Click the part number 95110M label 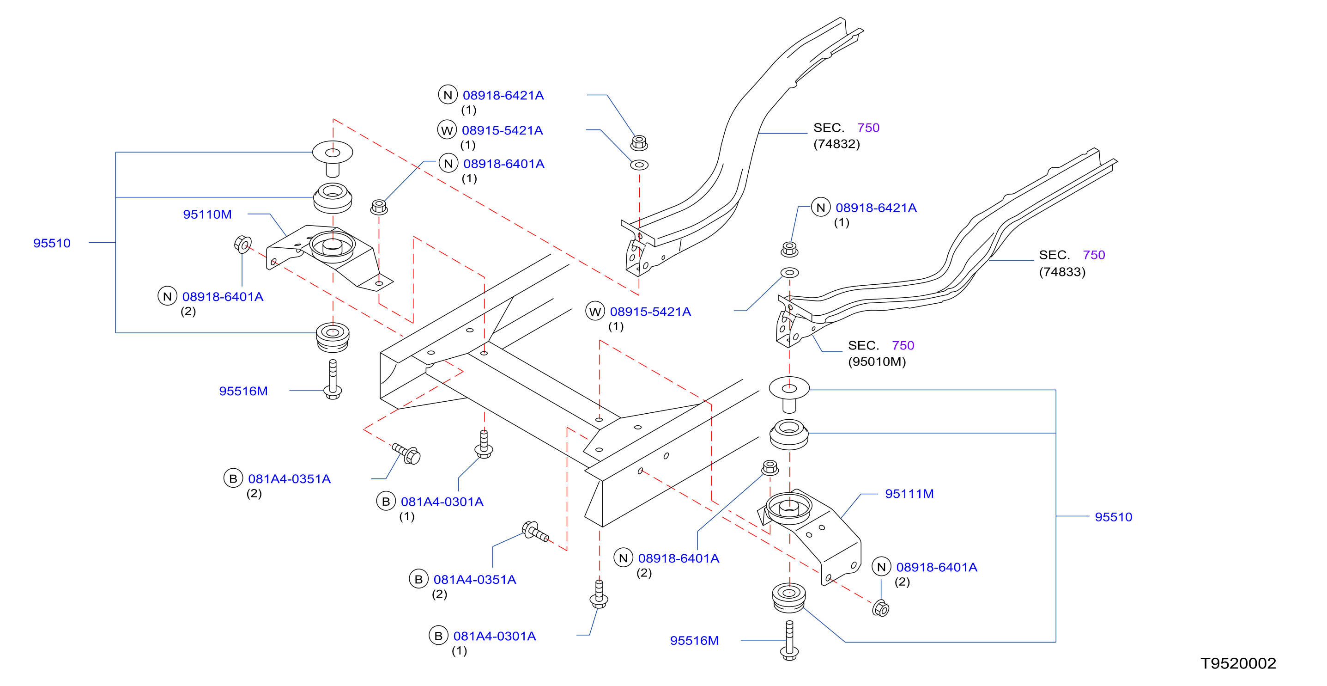tap(207, 214)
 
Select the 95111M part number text tap(909, 494)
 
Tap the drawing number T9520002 tap(1238, 663)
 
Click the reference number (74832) tap(836, 144)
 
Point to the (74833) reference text tap(1062, 272)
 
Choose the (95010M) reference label tap(877, 361)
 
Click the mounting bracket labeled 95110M tap(330, 257)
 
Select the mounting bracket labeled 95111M tap(809, 536)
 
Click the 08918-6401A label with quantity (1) tap(503, 164)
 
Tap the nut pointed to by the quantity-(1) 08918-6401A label tap(379, 207)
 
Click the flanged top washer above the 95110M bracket tap(333, 158)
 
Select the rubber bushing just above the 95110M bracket tap(333, 198)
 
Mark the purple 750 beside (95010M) tap(903, 345)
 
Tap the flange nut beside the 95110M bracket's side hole tap(242, 244)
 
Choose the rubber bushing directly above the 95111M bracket tap(789, 435)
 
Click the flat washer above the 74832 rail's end tap(639, 165)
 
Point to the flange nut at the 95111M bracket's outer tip tap(881, 608)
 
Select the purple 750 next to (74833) tap(1094, 255)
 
